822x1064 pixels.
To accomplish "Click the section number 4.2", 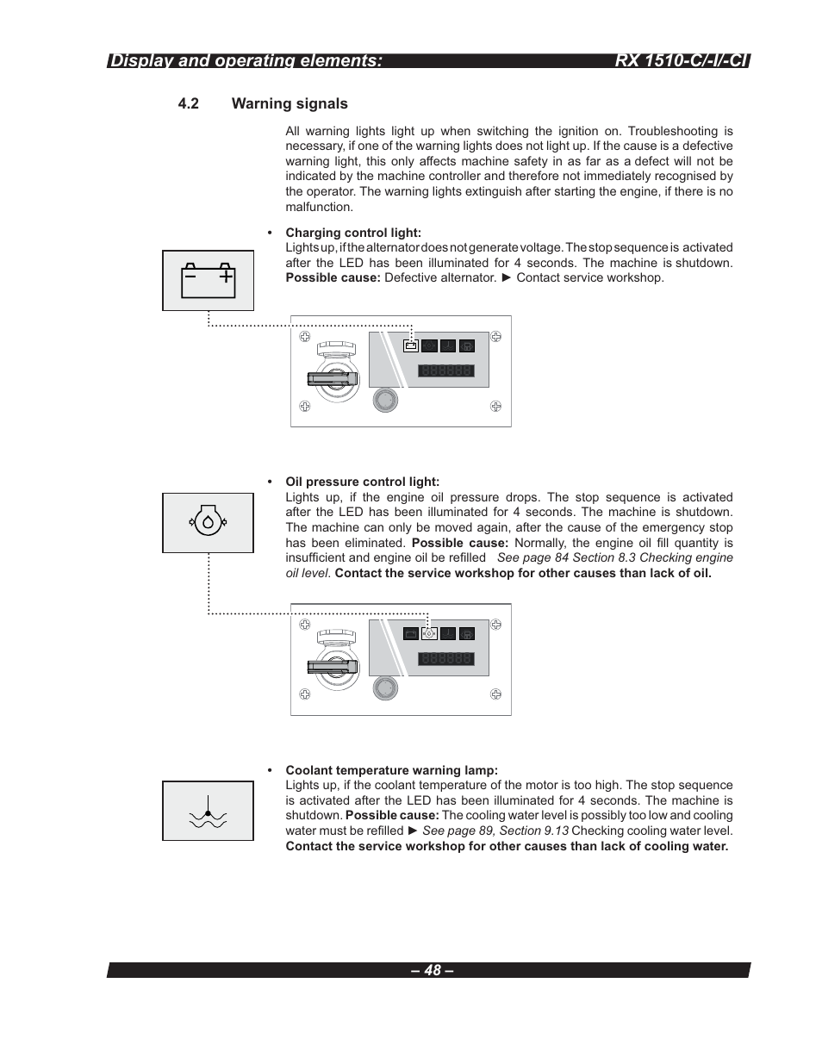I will pos(189,104).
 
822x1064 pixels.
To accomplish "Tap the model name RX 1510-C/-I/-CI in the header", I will pos(682,60).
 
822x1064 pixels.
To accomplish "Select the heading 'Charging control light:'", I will pos(353,233).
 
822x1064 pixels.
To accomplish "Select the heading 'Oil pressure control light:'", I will pos(362,482).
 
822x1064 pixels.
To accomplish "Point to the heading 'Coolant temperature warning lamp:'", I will pos(391,770).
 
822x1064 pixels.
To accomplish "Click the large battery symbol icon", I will pos(209,280).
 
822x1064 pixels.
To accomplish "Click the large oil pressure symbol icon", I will pos(208,522).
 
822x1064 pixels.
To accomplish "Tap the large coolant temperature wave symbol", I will pos(208,811).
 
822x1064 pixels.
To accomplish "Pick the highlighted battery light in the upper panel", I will pos(411,346).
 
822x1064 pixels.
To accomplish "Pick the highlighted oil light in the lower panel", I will pos(429,634).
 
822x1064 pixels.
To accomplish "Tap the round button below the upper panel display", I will pos(384,400).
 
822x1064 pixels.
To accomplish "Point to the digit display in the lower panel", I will pos(446,659).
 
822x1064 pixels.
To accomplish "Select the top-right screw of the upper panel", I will pos(496,336).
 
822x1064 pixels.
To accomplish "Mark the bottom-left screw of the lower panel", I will pos(305,694).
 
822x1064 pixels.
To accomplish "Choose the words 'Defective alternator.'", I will pos(440,277).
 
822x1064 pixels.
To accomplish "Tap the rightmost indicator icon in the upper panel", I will pos(466,346).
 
